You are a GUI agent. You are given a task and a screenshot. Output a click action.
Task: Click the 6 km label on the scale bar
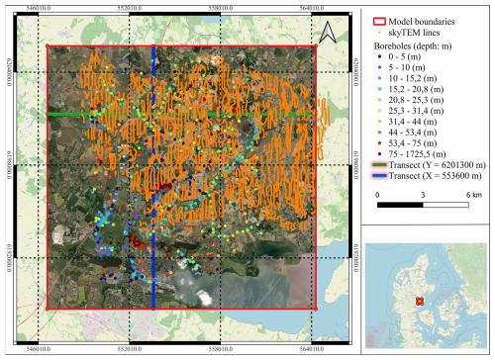pos(463,225)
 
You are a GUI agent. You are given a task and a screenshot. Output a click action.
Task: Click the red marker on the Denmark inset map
pos(420,301)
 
